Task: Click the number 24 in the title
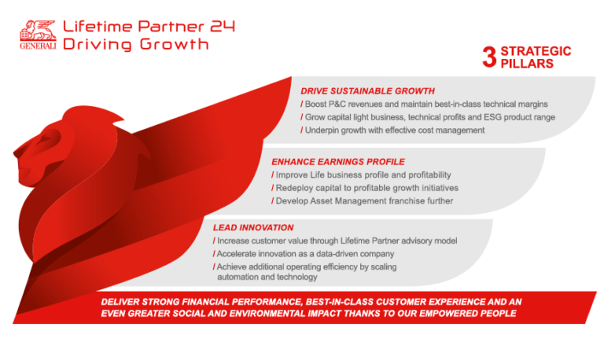coord(218,25)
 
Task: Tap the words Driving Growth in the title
coord(136,44)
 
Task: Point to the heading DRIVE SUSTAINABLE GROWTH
coord(367,91)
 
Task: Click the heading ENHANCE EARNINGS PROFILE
coord(339,161)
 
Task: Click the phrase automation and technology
coord(267,277)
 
